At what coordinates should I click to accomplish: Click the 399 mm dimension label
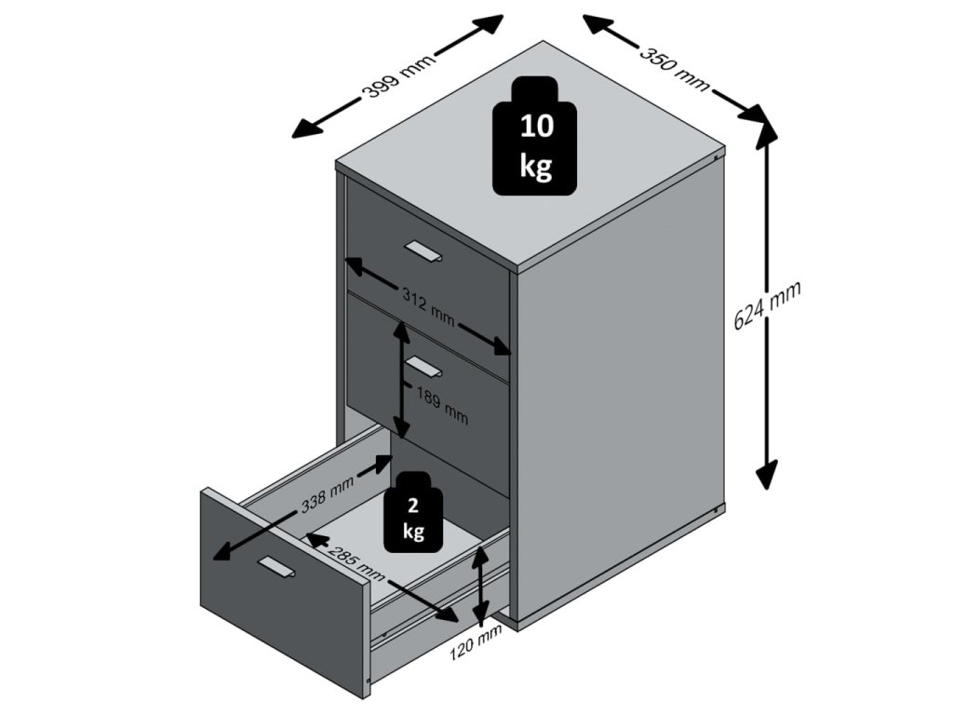click(x=398, y=74)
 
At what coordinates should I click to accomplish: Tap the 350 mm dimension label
click(x=675, y=67)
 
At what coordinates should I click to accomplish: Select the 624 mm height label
click(x=767, y=304)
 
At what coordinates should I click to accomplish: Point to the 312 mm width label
click(x=428, y=305)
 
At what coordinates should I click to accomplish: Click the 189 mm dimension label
click(x=442, y=405)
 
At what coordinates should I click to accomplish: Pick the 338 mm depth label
click(x=327, y=493)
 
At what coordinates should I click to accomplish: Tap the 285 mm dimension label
click(x=357, y=560)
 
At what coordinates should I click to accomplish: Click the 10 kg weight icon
click(x=534, y=136)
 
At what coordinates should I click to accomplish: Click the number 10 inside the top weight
click(x=537, y=126)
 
